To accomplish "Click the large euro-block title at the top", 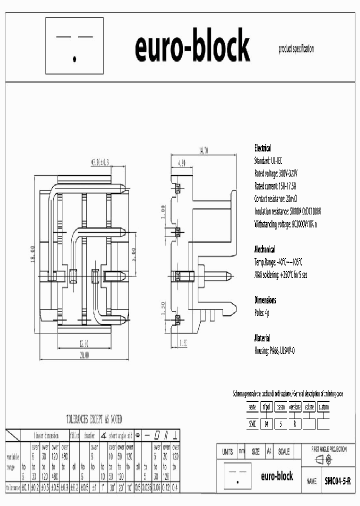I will [192, 46].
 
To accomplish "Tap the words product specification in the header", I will [296, 49].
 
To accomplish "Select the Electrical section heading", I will [263, 148].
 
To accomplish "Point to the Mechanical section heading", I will [264, 249].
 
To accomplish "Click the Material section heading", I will [262, 338].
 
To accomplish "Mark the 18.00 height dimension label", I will [32, 254].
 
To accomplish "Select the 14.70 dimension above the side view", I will [202, 149].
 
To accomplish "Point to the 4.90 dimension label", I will [181, 162].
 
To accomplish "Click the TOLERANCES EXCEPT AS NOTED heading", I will [94, 419].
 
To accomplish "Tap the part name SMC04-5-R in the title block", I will [337, 481].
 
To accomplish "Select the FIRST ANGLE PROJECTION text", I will [328, 449].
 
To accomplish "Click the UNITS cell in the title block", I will [226, 451].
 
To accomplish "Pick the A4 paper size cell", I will [269, 451].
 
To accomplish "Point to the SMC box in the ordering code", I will [252, 423].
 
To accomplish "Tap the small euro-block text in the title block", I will [277, 476].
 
